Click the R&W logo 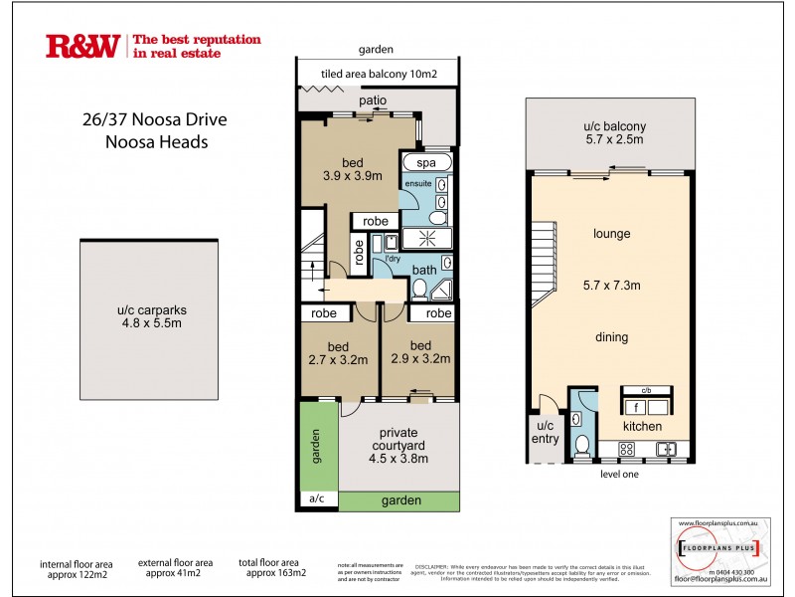click(x=82, y=46)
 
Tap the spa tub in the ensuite click(x=425, y=162)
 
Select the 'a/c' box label click(x=317, y=499)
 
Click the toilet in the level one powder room click(x=583, y=443)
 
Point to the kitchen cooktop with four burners click(x=628, y=449)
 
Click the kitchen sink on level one click(x=668, y=449)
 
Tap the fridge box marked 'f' click(x=633, y=407)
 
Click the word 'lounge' click(x=612, y=235)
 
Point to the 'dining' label click(x=612, y=337)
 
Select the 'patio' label click(x=373, y=100)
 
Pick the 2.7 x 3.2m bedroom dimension click(x=338, y=360)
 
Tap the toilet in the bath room click(x=419, y=289)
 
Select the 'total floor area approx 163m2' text click(x=271, y=568)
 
